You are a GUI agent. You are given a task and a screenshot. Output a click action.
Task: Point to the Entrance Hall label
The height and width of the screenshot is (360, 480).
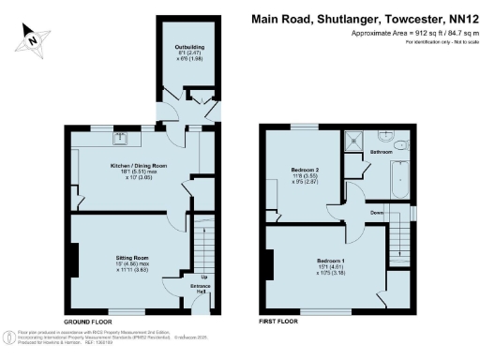(x=201, y=289)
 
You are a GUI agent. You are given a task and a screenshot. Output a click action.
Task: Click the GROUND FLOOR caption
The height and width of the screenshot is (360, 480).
(x=89, y=321)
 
